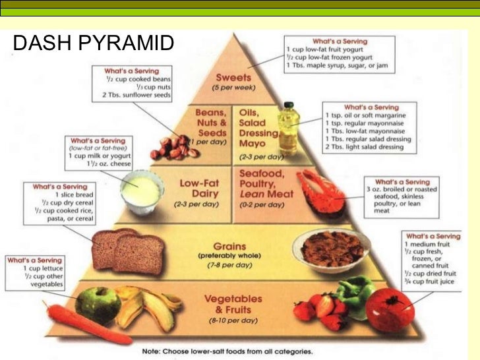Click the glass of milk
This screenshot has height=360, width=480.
pos(140,190)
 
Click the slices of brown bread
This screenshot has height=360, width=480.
pos(129,250)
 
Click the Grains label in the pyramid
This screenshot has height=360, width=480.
pos(228,245)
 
